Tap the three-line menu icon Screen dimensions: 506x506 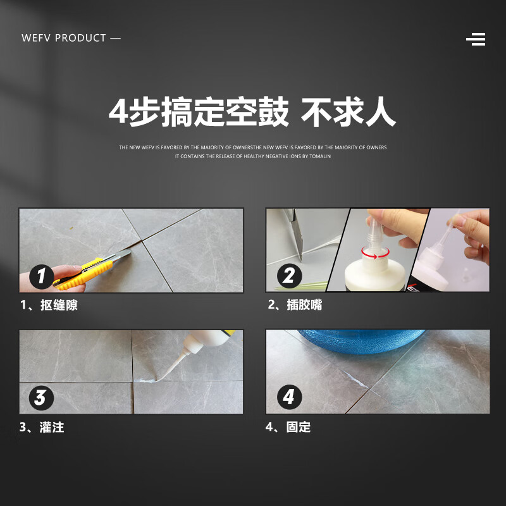click(x=476, y=39)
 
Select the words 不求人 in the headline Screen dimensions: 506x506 click(x=348, y=113)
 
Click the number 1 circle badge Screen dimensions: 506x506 click(x=42, y=276)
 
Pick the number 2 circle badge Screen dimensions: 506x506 click(x=289, y=276)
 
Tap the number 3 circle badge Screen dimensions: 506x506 click(x=40, y=398)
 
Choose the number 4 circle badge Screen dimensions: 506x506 click(x=289, y=397)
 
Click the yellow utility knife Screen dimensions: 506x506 click(x=89, y=269)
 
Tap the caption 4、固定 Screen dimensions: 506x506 click(x=288, y=428)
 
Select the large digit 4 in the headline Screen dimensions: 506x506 click(x=118, y=113)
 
